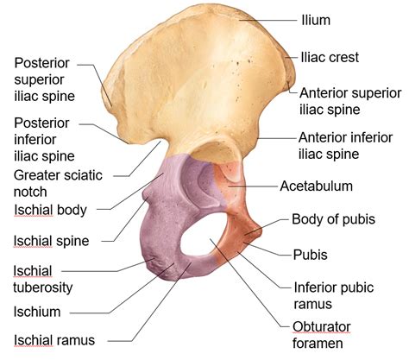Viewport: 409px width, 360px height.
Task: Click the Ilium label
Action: (316, 20)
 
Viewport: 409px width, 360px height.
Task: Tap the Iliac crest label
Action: (330, 57)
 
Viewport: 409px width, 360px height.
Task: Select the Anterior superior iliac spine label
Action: (350, 101)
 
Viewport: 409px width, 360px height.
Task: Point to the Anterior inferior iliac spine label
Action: (345, 146)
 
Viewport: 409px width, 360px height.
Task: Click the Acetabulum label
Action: (316, 186)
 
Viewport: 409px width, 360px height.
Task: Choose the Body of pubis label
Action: (333, 219)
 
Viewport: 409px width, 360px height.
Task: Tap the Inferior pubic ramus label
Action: (334, 295)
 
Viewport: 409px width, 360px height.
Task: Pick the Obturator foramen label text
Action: (322, 335)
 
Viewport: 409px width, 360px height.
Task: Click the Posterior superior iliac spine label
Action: (45, 79)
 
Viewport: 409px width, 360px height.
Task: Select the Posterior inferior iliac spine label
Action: (44, 140)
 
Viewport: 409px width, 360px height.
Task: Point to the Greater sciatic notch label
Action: (58, 184)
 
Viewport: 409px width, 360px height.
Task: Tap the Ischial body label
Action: (50, 210)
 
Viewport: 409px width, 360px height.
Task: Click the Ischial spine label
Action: (52, 241)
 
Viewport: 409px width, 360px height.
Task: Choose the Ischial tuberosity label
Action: (43, 279)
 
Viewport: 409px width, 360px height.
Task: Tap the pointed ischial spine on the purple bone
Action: (146, 197)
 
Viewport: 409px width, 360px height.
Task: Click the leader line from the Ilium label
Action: (267, 21)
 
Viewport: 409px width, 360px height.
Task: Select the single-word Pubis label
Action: (311, 255)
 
